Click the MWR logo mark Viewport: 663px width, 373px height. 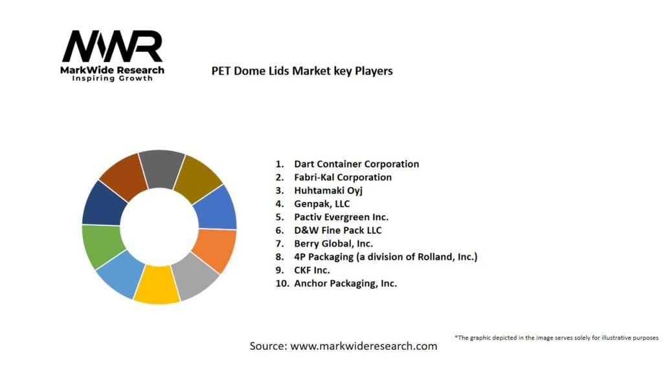point(112,47)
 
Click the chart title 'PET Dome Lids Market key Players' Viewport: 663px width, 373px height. point(302,71)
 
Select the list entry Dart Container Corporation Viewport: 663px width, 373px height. point(356,164)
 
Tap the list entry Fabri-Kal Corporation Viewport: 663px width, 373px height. point(343,177)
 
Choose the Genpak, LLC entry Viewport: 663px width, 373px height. point(322,203)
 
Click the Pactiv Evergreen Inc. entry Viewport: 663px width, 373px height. point(341,217)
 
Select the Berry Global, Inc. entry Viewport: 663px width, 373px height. point(333,243)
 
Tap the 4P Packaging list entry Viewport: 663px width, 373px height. point(385,256)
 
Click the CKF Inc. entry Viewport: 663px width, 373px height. point(312,270)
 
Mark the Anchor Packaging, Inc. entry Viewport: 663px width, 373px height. point(345,283)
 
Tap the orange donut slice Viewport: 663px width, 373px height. point(215,249)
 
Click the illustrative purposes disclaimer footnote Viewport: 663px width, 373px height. point(556,337)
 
